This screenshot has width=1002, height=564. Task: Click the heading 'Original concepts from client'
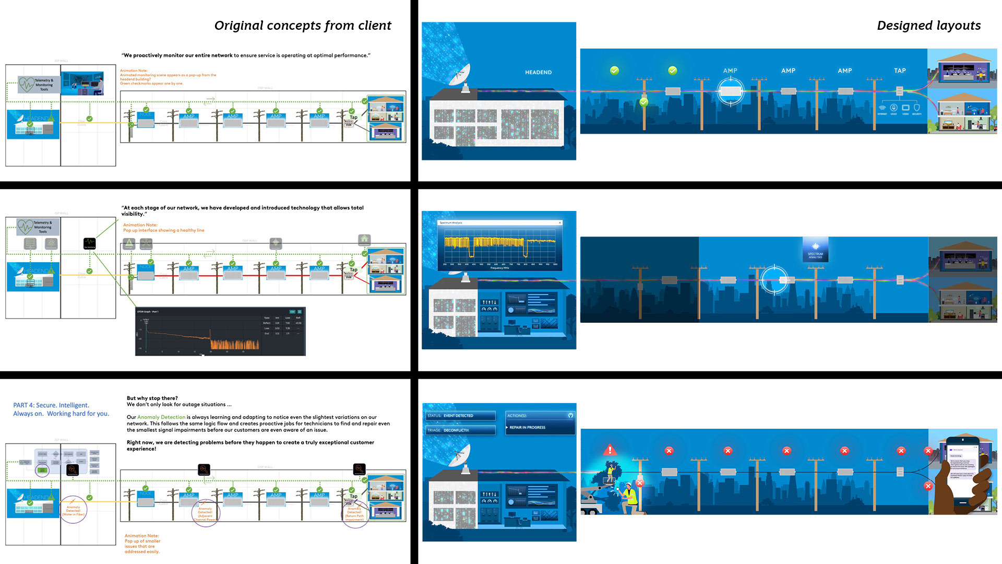303,26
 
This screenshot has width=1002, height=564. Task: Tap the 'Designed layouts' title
928,26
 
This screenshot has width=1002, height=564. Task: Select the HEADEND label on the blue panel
538,73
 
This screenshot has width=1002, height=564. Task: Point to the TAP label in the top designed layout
900,70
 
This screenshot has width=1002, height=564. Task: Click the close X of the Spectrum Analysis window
560,223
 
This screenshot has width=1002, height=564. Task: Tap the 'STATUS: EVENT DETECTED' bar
460,416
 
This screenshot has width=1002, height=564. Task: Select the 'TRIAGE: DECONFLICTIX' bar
460,430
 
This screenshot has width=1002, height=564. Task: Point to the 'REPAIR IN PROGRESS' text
527,427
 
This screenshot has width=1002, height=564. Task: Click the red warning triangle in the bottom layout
610,449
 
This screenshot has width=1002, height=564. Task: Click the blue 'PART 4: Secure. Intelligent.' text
51,405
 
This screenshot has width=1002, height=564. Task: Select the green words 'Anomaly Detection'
161,417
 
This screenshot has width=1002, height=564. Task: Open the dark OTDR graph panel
220,332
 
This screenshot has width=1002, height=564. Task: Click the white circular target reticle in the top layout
730,92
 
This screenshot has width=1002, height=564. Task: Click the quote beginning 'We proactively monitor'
246,55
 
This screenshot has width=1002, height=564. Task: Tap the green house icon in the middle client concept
364,239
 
